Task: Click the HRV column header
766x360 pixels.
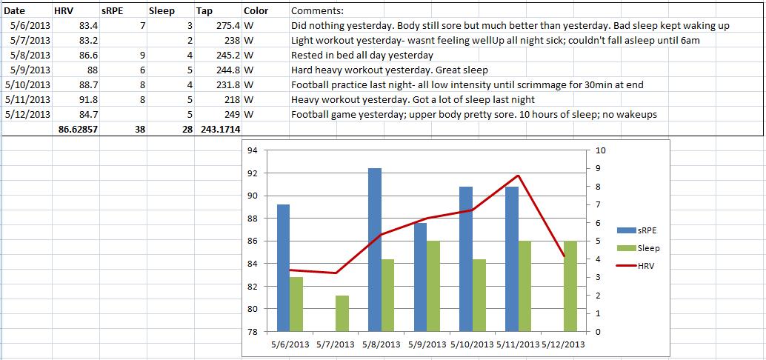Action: point(64,11)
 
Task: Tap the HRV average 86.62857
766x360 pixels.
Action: point(76,129)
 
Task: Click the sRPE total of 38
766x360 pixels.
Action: point(139,129)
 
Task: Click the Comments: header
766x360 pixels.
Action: point(317,11)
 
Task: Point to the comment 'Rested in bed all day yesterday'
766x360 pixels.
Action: point(362,56)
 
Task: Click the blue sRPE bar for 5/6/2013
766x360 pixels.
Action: point(284,267)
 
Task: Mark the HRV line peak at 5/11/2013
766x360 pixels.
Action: point(519,176)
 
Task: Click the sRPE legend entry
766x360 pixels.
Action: point(641,230)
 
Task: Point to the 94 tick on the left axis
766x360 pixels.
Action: point(252,150)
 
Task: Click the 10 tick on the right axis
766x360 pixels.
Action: point(601,150)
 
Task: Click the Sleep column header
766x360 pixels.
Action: point(161,11)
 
